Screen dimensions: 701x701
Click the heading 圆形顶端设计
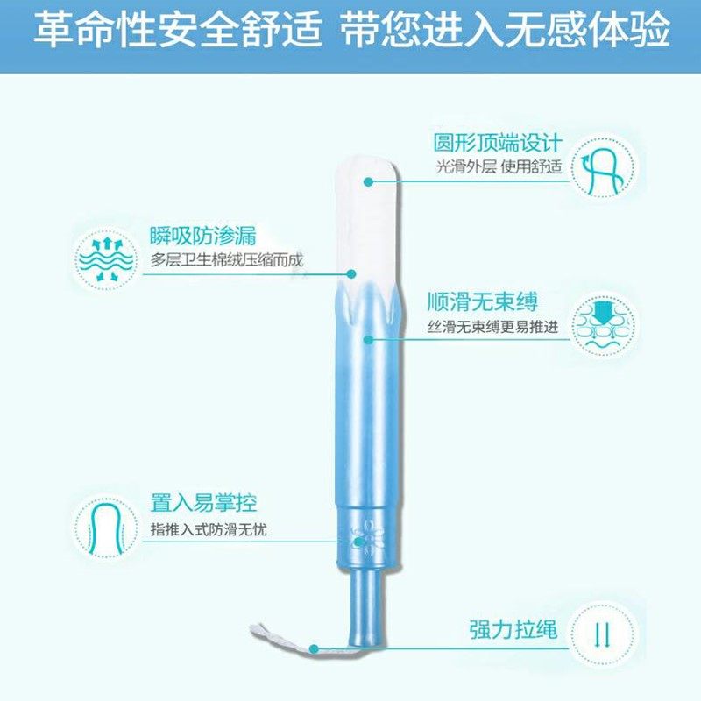497,142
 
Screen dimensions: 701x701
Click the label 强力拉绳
512,631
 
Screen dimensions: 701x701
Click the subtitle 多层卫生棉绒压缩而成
231,260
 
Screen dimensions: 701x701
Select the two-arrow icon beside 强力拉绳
601,633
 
